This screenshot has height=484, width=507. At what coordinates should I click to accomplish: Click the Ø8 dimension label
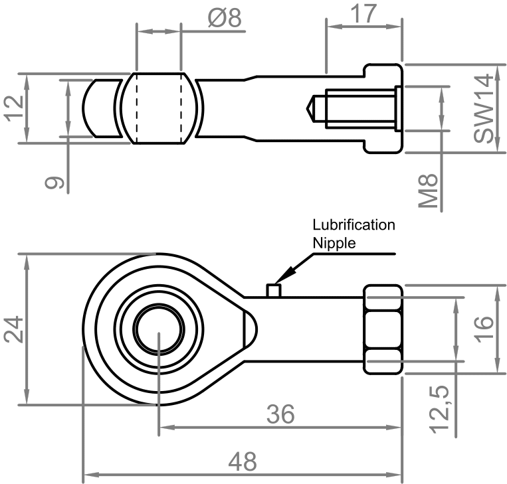point(223,19)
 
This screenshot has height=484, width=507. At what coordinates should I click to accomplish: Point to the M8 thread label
point(431,192)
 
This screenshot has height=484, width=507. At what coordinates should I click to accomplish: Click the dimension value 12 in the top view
point(14,108)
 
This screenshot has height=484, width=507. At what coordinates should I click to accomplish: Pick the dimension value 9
point(56,181)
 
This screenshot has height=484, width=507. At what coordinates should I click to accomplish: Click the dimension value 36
point(280,415)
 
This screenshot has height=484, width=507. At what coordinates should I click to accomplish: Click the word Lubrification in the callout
point(354,225)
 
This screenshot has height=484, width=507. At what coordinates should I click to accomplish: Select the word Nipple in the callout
point(334,242)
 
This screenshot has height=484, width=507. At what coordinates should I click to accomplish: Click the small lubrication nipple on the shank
point(272,290)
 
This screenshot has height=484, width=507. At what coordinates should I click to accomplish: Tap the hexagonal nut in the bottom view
point(382,329)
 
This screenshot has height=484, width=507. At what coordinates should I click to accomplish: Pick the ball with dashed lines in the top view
point(158,108)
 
